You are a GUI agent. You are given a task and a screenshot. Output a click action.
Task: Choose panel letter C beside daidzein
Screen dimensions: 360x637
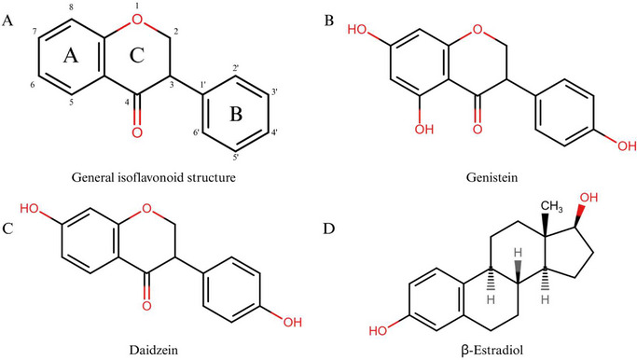[8, 196]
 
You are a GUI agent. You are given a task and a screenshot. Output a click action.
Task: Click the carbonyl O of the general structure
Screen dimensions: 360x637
[137, 132]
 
